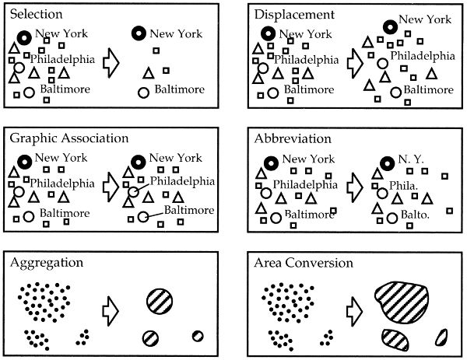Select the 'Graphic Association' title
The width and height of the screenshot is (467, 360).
[x=68, y=138]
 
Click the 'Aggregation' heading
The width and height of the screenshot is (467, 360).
[x=46, y=263]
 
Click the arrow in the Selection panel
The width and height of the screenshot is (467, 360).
[x=114, y=64]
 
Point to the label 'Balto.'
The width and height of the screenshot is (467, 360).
[x=406, y=213]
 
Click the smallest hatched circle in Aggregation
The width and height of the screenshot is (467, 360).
[x=197, y=336]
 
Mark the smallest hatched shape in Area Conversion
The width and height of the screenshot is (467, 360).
[x=441, y=336]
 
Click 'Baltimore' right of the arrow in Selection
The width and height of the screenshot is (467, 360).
[x=179, y=89]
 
